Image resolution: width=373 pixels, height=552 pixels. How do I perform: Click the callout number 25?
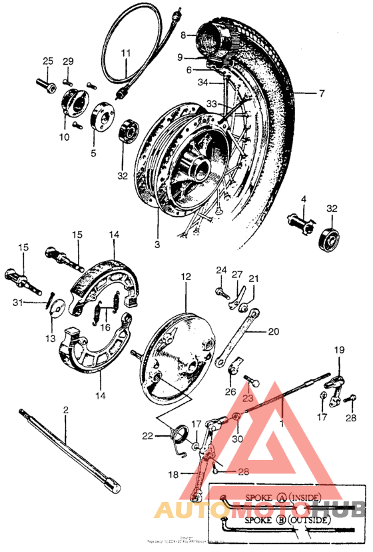pos(47,61)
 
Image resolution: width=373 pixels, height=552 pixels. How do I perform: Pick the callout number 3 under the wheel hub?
pos(157,245)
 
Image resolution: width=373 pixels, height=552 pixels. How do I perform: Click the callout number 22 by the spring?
pos(147,436)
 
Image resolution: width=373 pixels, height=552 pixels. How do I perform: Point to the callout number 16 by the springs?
pos(104,327)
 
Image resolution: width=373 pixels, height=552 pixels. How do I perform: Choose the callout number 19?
pos(339,350)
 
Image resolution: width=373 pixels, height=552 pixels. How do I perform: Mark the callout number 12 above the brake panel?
pos(185,276)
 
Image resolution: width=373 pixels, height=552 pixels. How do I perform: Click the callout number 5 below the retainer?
pos(93,153)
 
